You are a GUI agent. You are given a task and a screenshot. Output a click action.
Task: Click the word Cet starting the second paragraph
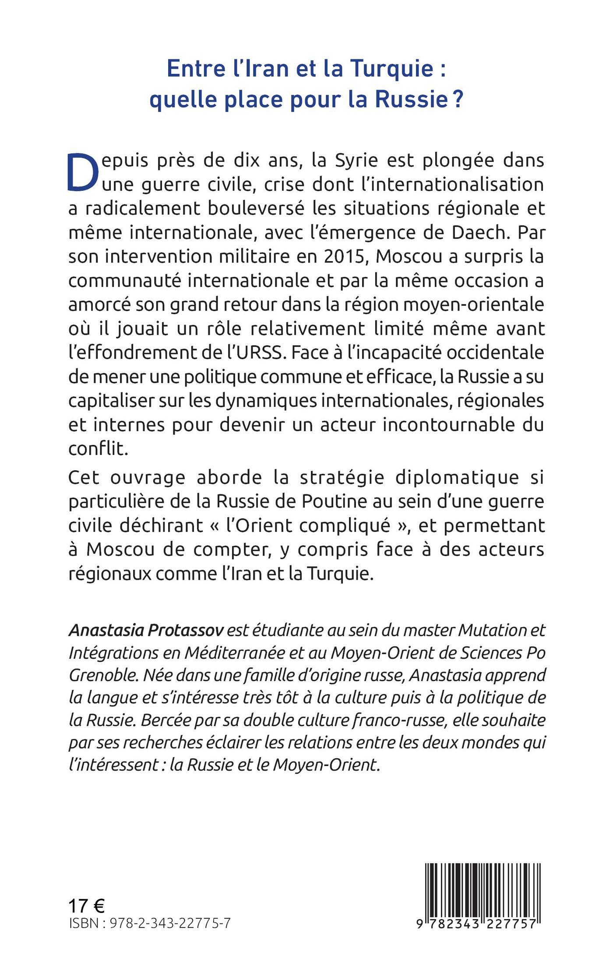tap(85, 477)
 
